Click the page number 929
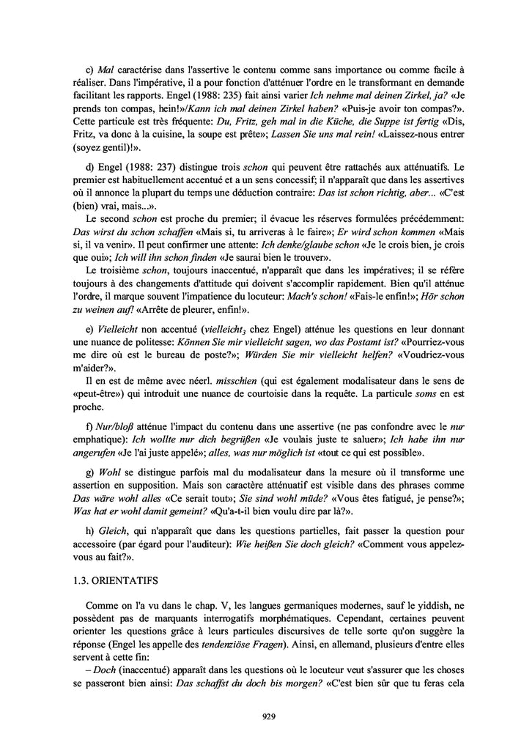(x=267, y=717)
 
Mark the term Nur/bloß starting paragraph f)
(x=111, y=427)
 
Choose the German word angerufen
(x=108, y=453)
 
